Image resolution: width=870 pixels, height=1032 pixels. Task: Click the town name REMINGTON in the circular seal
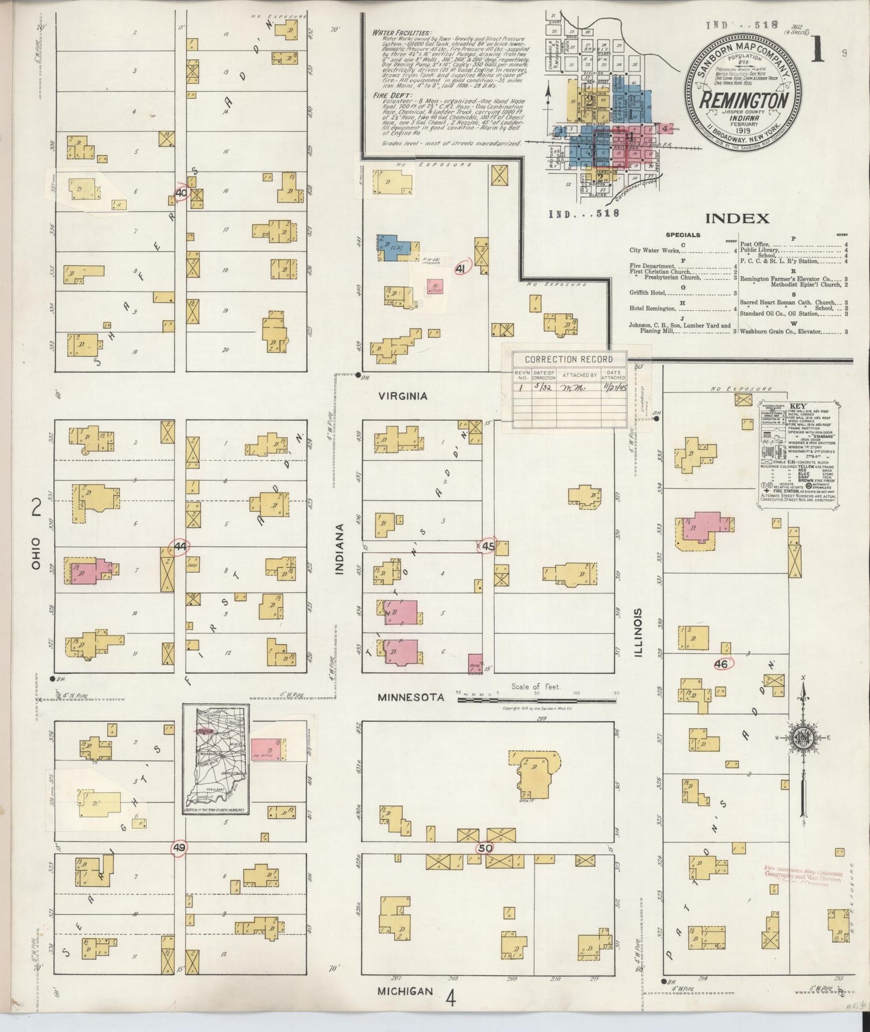[x=744, y=99]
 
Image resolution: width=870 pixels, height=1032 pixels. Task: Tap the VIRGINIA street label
[x=403, y=396]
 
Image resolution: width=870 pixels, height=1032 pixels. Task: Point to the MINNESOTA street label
[x=411, y=697]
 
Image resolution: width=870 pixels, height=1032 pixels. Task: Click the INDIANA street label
[x=340, y=549]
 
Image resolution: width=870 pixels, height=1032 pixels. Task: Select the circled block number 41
[x=462, y=269]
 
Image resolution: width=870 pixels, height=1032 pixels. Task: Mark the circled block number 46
[x=722, y=664]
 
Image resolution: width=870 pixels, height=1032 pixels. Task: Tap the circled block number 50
[x=485, y=847]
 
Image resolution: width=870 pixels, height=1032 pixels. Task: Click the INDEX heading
[x=737, y=219]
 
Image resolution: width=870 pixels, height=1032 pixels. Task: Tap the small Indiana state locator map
[x=217, y=760]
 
